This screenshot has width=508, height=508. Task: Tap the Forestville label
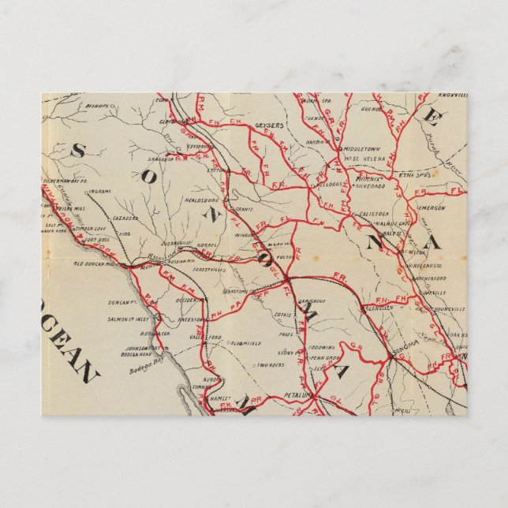208,269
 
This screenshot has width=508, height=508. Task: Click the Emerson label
430,208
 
